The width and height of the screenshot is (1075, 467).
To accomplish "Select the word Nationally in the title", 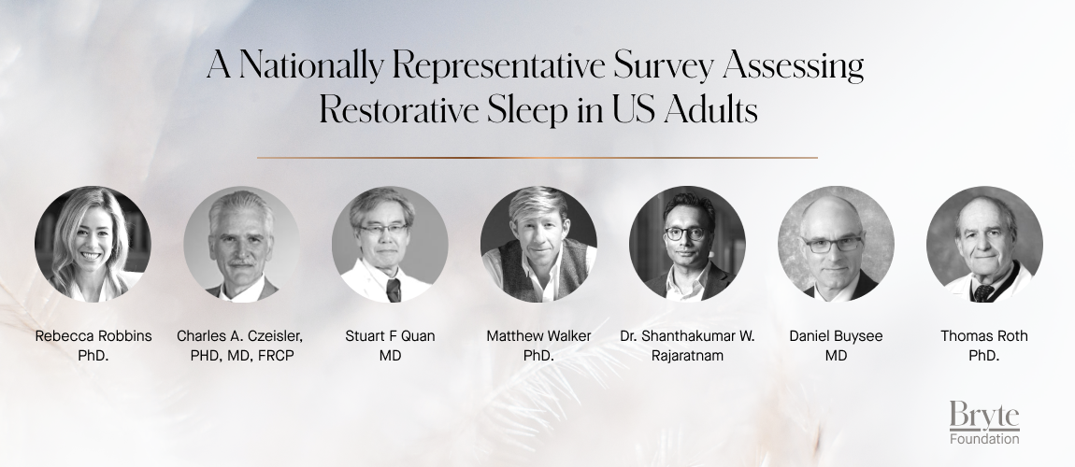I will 308,67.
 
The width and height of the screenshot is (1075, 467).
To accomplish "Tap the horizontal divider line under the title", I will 537,158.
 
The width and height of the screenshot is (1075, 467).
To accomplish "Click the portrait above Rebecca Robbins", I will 93,245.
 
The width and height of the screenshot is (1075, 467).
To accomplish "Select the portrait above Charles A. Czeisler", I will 241,245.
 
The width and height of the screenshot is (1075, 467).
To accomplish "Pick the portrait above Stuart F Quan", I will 390,245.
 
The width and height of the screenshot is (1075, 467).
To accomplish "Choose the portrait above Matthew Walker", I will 538,245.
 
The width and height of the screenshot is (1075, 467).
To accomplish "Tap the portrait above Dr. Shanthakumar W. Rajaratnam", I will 687,245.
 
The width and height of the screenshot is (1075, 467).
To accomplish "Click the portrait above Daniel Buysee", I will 836,245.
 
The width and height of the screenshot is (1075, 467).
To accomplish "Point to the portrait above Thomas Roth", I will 984,245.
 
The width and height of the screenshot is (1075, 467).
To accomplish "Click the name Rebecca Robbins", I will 93,336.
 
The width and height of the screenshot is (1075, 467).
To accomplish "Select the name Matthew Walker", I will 538,336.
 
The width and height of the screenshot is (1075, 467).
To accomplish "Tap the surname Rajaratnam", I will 687,356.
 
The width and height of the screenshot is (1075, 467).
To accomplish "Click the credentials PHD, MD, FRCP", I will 241,356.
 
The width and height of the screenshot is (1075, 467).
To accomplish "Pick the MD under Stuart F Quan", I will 390,356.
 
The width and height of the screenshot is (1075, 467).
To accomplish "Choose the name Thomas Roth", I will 984,336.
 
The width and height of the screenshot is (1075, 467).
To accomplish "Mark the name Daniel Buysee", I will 836,336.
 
